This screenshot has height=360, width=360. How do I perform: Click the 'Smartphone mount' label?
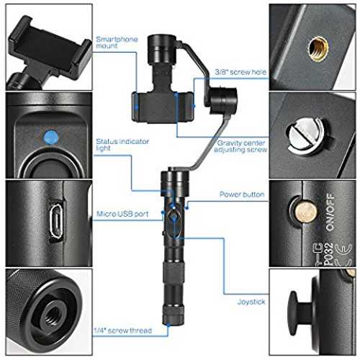coord(117,42)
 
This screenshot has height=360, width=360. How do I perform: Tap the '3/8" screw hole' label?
coord(240,72)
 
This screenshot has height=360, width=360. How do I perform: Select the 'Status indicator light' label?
coord(122,145)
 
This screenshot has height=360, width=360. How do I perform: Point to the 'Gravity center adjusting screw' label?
coord(240,146)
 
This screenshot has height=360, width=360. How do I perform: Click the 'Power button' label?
coord(242,194)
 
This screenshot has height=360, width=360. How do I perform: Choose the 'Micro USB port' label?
coord(122,214)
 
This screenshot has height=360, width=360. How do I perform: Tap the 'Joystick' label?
coord(251,302)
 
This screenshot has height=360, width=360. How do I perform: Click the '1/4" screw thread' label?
coord(122,330)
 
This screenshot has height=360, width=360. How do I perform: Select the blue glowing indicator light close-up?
coord(50,138)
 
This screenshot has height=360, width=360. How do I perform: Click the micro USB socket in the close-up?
coord(57,221)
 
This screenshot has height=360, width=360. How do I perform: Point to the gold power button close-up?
coord(305,212)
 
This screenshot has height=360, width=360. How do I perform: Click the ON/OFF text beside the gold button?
coord(330,212)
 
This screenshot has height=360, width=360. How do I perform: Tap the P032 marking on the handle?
coord(328,254)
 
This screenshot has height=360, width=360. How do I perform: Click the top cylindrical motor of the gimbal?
coord(161,50)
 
